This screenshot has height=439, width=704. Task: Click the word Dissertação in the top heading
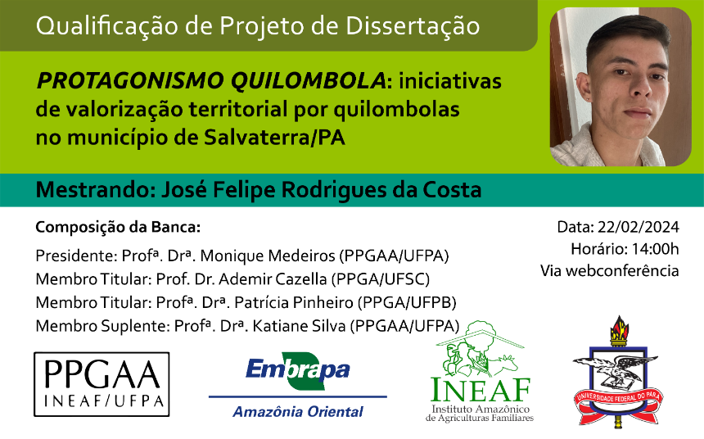point(413,25)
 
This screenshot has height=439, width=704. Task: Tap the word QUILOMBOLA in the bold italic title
point(308,81)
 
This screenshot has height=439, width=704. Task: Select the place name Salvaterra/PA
point(275,138)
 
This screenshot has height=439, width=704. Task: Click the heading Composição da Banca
point(118,228)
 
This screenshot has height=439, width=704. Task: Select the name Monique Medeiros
point(268,256)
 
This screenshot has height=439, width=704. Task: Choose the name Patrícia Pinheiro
point(294,302)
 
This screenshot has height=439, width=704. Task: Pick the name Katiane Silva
point(299,326)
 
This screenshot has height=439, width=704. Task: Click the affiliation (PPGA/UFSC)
point(381,279)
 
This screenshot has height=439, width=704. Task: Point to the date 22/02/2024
point(638,227)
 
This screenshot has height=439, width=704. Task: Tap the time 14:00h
point(655,249)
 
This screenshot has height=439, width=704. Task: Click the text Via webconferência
point(609,270)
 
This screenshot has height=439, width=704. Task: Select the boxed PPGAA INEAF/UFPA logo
point(102,384)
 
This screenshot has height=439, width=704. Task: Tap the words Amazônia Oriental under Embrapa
point(298,412)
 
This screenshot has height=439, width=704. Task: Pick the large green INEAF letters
point(481,390)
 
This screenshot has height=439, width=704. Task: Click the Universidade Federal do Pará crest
point(618,371)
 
